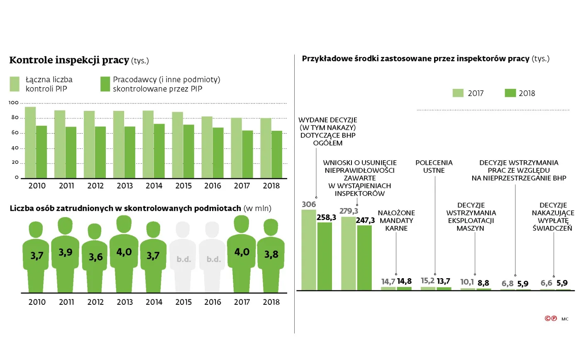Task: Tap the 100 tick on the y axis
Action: click(x=13, y=103)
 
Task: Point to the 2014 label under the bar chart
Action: click(x=154, y=186)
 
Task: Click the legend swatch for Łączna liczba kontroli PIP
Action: click(x=15, y=83)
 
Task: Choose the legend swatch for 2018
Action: click(x=510, y=93)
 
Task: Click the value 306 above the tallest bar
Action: click(x=309, y=204)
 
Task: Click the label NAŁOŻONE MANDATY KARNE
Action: click(x=396, y=220)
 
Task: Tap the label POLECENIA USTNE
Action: click(x=434, y=167)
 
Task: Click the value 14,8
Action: click(x=404, y=281)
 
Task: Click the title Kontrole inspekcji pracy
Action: click(x=69, y=60)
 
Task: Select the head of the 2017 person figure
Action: click(x=242, y=224)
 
